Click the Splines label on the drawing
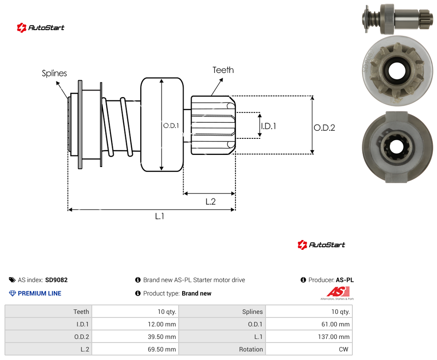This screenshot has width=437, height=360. [54, 73]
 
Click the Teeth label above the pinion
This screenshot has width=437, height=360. [223, 70]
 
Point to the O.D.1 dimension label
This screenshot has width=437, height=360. [171, 126]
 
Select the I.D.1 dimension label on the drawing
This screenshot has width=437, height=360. [269, 126]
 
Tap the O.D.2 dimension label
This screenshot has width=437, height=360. [325, 128]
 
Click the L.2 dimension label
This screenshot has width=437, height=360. [210, 201]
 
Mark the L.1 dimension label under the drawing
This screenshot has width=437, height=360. [159, 216]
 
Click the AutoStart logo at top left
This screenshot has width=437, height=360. [41, 28]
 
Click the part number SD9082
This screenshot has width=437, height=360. [56, 280]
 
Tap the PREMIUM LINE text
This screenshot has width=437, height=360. [39, 293]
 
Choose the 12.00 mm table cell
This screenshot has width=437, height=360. [135, 324]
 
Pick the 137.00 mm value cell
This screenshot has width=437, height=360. [309, 337]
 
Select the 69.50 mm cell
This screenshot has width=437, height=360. [135, 349]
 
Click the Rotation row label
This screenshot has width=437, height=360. [251, 349]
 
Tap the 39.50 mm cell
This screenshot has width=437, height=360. [135, 337]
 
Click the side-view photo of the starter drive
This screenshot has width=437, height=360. [398, 19]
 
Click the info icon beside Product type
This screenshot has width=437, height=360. [137, 293]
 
